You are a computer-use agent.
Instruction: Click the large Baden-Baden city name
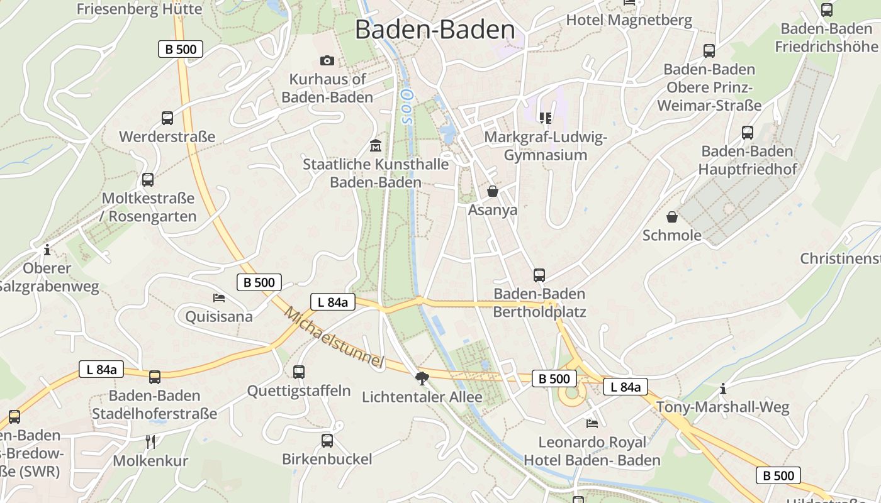[x=435, y=30]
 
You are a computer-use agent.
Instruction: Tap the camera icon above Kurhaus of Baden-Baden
[x=327, y=60]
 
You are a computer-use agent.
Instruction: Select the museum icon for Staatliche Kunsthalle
[x=376, y=146]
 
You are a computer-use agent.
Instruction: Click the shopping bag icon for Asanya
[x=493, y=191]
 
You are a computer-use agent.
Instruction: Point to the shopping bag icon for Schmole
[x=672, y=217]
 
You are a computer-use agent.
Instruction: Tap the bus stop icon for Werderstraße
[x=167, y=118]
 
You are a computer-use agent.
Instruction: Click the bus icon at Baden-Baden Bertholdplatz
[x=539, y=275]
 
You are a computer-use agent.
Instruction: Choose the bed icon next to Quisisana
[x=219, y=297]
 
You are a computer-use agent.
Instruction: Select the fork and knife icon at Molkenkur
[x=150, y=441]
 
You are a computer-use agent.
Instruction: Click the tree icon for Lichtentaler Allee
[x=422, y=378]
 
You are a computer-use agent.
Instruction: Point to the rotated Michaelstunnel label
[x=334, y=337]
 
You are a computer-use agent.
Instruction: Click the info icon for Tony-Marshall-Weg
[x=723, y=389]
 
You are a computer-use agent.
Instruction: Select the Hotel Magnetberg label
[x=629, y=20]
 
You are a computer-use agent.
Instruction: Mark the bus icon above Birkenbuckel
[x=327, y=440]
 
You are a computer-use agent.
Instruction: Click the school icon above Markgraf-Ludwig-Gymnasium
[x=545, y=118]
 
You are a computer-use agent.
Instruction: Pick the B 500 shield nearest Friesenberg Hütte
[x=181, y=49]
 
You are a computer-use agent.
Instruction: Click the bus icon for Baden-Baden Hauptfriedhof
[x=748, y=132]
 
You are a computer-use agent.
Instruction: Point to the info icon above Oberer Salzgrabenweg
[x=47, y=250]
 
